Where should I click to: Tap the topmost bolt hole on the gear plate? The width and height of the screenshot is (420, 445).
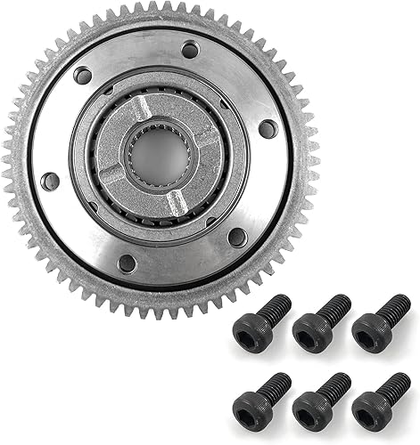coord(190,51)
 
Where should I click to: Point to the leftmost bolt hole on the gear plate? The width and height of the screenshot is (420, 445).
coord(51,182)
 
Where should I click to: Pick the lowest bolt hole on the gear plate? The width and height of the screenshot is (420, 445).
coord(128,263)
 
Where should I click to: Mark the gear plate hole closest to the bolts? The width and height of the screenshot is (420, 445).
coord(237,238)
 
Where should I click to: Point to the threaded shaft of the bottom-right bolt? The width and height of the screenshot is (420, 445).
coord(392,384)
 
